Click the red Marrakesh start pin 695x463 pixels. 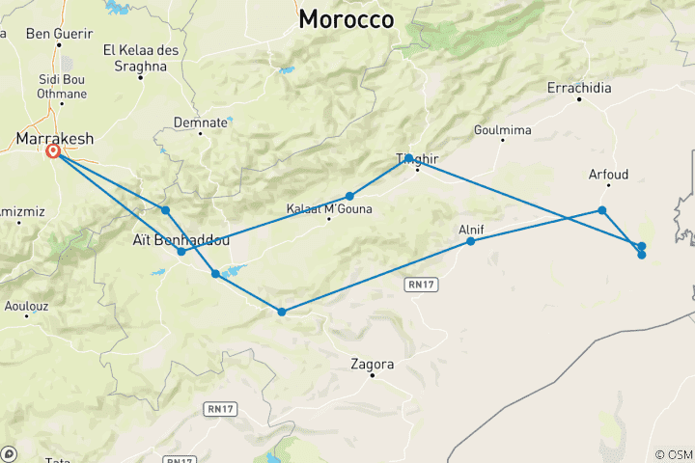coord(54,152)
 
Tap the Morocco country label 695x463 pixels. coord(347,19)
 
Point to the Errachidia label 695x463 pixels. coord(578,88)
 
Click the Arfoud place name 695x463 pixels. coord(608,175)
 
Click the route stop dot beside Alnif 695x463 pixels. coord(471,241)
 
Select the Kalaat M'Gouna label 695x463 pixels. coord(329,208)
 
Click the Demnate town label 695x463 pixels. coord(200,123)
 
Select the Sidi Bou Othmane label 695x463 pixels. coord(61,87)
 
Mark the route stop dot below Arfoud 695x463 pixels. coord(602,210)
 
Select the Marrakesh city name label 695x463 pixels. coord(54,139)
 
